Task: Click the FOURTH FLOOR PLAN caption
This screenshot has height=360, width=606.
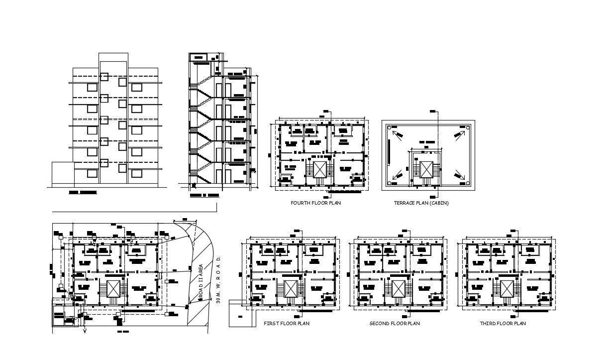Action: [316, 203]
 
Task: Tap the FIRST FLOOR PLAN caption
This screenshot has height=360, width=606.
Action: [287, 324]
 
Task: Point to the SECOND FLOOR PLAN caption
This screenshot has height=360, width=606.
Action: [395, 324]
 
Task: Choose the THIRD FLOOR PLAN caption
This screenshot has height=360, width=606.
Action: [503, 324]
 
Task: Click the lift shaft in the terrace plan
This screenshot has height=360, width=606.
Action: [426, 169]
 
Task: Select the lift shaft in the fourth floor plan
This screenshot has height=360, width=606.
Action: [319, 169]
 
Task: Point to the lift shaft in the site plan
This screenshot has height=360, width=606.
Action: [113, 288]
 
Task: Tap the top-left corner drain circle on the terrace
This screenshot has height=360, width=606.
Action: [389, 128]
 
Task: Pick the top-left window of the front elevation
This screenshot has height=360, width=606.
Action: [92, 87]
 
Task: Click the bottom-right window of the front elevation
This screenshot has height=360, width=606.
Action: [136, 174]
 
